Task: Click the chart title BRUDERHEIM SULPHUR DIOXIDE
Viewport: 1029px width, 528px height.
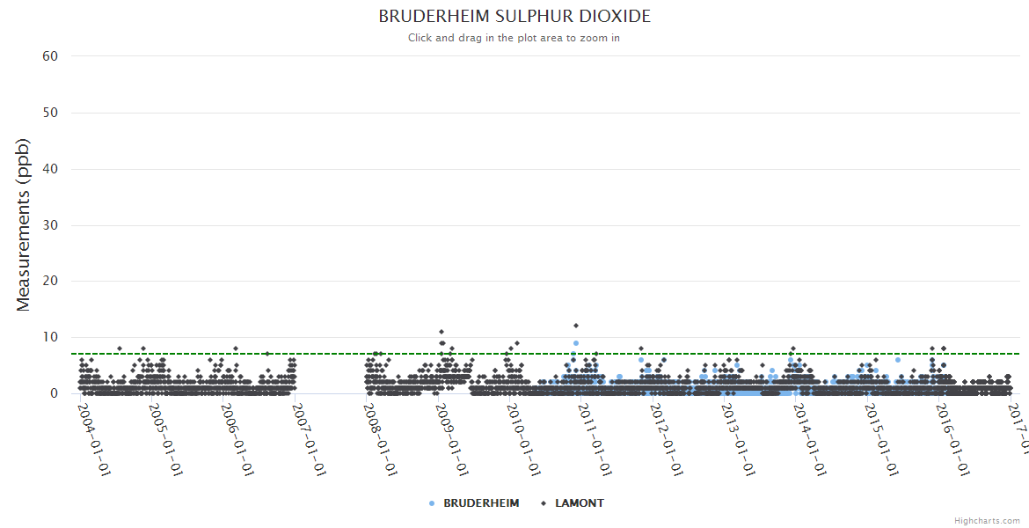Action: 514,17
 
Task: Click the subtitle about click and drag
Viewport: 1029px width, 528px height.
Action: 514,38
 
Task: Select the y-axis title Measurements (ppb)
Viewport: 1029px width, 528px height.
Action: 24,224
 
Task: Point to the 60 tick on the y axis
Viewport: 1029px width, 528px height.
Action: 50,56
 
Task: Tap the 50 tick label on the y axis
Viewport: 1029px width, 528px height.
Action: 50,113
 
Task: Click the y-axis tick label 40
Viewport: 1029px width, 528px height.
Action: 50,169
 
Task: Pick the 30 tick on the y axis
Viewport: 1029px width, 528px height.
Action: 50,225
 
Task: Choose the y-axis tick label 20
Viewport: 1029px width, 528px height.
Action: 50,282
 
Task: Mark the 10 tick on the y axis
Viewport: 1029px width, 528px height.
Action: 50,337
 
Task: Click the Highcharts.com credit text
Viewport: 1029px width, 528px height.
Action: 987,521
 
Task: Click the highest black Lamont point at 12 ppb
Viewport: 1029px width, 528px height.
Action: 576,326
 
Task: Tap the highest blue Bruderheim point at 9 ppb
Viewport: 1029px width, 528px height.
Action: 576,343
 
